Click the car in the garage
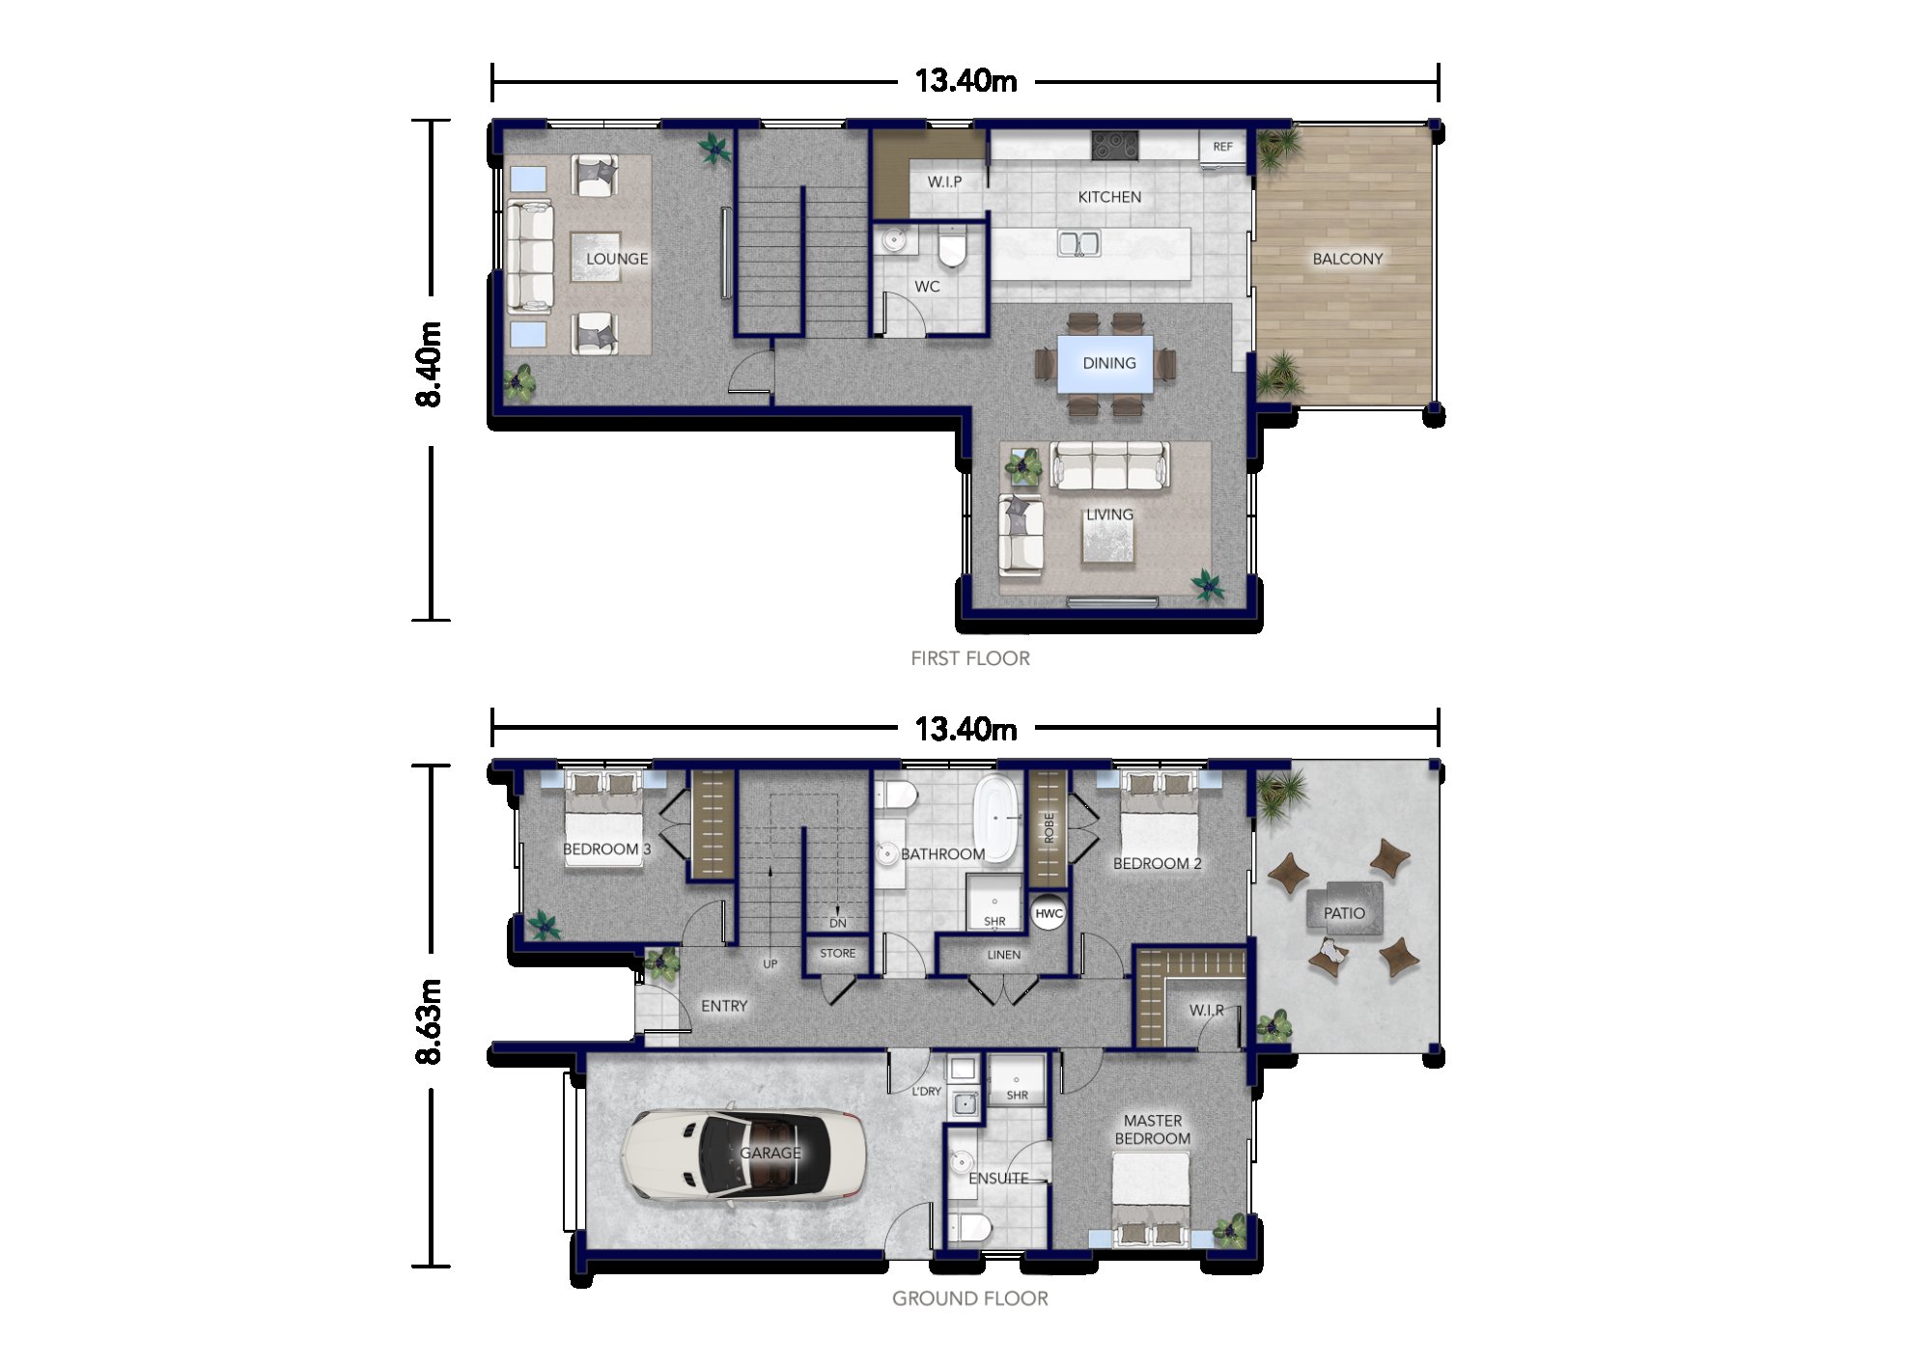(743, 1154)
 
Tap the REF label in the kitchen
(1222, 147)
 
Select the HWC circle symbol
(1049, 913)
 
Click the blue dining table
(1105, 364)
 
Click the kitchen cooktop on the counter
(1115, 146)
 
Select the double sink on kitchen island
(1078, 243)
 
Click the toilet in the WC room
(952, 247)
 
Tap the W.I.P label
(944, 181)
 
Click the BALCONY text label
(1347, 259)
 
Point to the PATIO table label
(1344, 912)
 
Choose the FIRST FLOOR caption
(970, 658)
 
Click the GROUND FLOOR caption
(970, 1298)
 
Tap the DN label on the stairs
(838, 923)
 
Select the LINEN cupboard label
(1004, 955)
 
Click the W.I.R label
(1207, 1010)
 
